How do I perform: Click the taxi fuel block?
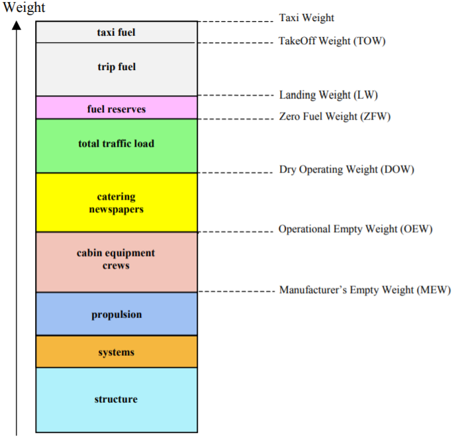click(116, 32)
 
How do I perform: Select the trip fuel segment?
click(116, 69)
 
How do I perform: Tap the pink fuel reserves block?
click(116, 108)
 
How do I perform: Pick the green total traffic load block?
click(116, 145)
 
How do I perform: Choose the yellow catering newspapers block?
click(116, 202)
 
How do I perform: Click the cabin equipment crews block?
click(116, 261)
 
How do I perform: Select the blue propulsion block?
click(116, 314)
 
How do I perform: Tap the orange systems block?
click(116, 352)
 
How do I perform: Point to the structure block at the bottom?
click(116, 399)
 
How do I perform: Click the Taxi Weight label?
click(306, 18)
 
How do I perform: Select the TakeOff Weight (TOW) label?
click(332, 41)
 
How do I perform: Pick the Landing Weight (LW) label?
click(328, 95)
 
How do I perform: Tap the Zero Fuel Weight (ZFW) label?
click(335, 117)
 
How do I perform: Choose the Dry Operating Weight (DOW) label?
click(346, 170)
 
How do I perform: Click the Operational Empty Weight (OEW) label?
click(355, 229)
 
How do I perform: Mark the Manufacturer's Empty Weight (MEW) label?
click(365, 290)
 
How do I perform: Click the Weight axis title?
click(24, 8)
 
